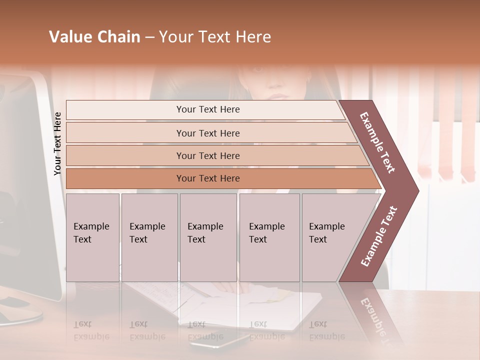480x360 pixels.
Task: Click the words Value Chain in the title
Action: pyautogui.click(x=94, y=37)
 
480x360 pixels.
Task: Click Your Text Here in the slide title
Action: pyautogui.click(x=215, y=37)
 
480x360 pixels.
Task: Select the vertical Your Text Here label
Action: pyautogui.click(x=57, y=143)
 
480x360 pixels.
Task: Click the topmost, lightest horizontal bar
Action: pyautogui.click(x=207, y=109)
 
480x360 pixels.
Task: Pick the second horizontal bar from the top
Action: pyautogui.click(x=207, y=133)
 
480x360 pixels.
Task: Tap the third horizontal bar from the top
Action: pyautogui.click(x=207, y=155)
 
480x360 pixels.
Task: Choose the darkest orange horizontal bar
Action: pyautogui.click(x=207, y=178)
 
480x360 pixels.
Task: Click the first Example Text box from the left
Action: pyautogui.click(x=92, y=237)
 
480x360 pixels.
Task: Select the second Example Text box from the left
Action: pyautogui.click(x=149, y=237)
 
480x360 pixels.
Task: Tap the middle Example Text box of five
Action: pyautogui.click(x=208, y=237)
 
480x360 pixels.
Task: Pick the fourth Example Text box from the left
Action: pyautogui.click(x=269, y=237)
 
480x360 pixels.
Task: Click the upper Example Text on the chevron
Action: pyautogui.click(x=378, y=142)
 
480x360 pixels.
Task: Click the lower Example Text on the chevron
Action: pyautogui.click(x=379, y=236)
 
